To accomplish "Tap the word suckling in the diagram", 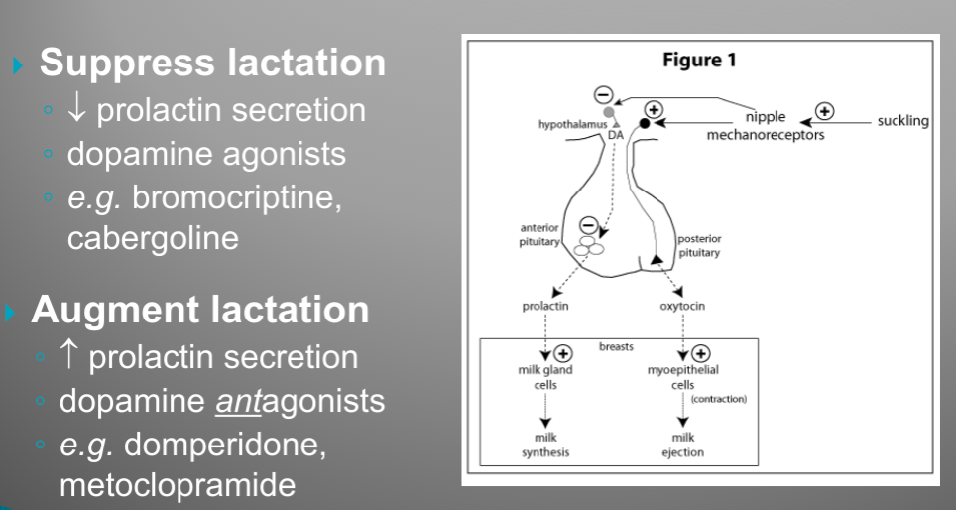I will click(902, 121).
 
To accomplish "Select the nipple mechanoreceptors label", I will click(765, 126).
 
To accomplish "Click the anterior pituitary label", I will click(540, 235).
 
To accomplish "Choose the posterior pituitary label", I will click(699, 245).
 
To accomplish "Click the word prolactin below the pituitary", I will click(545, 307).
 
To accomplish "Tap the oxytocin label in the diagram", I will click(682, 307).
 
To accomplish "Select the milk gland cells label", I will click(545, 377).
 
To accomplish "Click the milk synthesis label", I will click(545, 445).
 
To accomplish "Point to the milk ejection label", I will click(682, 445).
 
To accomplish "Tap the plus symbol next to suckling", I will click(825, 110).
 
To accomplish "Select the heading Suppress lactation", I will click(212, 64).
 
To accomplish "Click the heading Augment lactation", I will click(200, 310).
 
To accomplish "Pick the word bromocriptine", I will click(237, 197).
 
